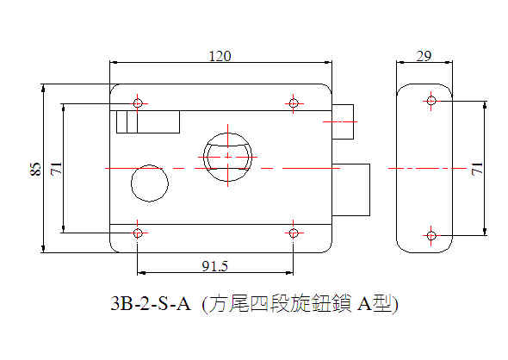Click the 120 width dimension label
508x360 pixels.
220,56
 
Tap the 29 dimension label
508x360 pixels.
424,56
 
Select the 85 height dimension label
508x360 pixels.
35,169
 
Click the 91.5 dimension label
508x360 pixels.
214,266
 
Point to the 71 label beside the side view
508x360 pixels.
477,169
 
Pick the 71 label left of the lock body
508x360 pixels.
56,168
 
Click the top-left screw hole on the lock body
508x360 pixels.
138,103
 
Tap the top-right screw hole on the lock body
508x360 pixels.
294,103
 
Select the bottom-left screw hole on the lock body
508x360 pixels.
138,233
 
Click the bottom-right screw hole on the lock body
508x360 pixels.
294,233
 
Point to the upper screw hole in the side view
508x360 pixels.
431,101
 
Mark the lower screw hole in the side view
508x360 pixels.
431,235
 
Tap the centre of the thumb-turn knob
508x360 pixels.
228,157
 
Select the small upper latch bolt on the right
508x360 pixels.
343,121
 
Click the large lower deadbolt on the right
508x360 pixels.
351,189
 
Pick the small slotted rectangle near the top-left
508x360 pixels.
148,121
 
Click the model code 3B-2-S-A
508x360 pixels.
151,304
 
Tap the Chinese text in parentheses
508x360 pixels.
300,304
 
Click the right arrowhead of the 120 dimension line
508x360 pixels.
329,62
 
